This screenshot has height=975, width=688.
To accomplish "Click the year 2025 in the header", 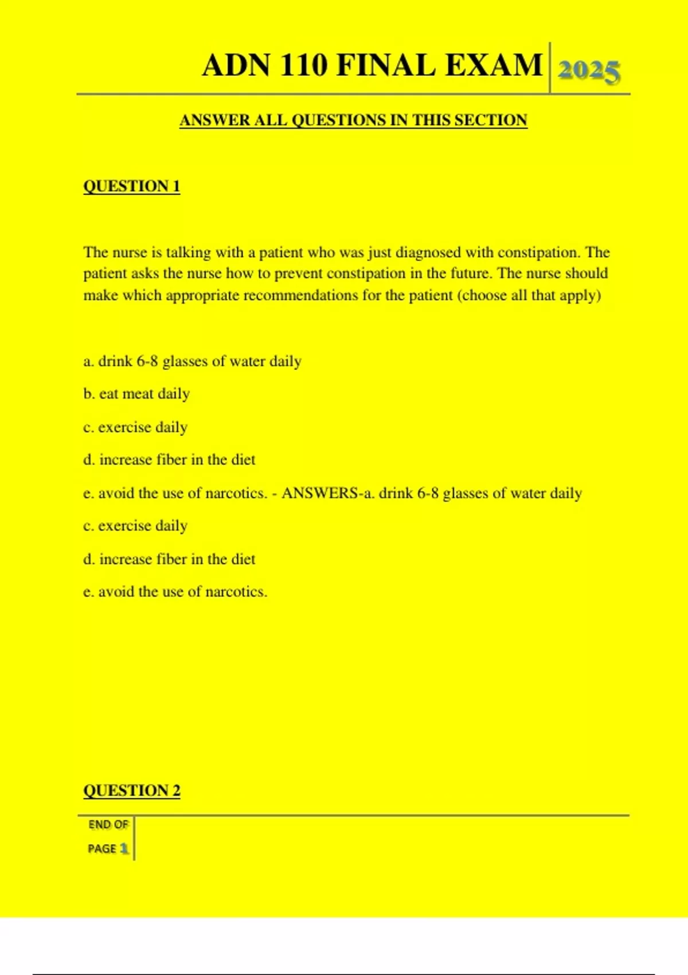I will [588, 72].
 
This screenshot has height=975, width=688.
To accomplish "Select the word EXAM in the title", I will [494, 65].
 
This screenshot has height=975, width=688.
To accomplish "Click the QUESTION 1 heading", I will [132, 186].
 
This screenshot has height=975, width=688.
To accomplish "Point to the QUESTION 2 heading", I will [132, 790].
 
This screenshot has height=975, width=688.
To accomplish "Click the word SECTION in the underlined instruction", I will [490, 120].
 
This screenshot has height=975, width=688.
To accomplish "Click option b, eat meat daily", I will [136, 394].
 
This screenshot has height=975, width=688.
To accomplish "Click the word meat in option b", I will [138, 394].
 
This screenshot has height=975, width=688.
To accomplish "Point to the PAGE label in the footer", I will [102, 848].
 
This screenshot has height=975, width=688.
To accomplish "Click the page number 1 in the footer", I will [124, 848].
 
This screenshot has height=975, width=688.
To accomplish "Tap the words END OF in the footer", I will [108, 825].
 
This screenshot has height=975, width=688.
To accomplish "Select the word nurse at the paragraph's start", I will [130, 252].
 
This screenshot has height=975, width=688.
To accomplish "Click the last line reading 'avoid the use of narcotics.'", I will [175, 592].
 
